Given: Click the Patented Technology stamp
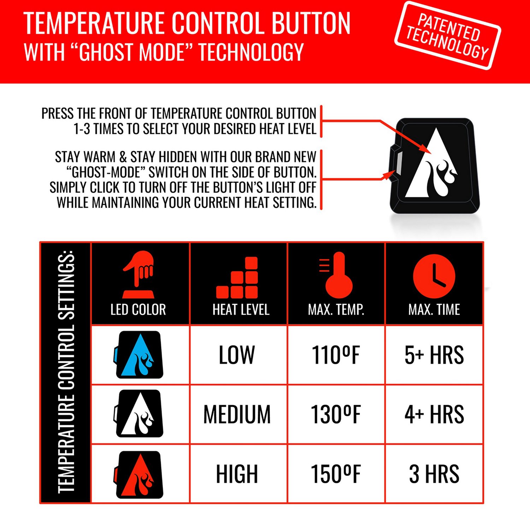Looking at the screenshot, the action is tap(448, 36).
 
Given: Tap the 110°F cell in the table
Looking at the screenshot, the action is tap(336, 355).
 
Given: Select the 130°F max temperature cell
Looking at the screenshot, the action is tap(336, 414).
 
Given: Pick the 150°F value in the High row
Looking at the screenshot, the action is tap(336, 474).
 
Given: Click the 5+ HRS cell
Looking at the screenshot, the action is tap(434, 355).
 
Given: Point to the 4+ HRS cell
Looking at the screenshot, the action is tap(434, 414).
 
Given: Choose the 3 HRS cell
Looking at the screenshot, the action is tap(434, 474).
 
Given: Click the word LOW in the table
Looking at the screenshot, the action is tap(237, 355).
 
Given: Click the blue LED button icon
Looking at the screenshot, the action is tap(139, 355).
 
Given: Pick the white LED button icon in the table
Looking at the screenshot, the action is tap(139, 414).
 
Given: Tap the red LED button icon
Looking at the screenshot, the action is tap(139, 475).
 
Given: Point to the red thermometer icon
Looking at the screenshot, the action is tap(336, 275).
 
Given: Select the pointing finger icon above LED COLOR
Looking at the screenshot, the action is tap(139, 275).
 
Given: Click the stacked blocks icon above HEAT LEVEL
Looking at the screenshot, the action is tap(237, 278).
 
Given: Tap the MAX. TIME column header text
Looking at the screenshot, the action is tap(434, 310).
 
